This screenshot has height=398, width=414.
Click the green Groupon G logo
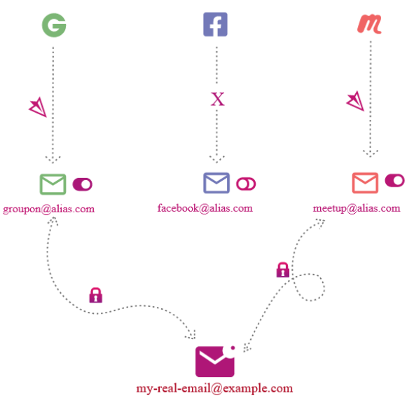pyautogui.click(x=54, y=25)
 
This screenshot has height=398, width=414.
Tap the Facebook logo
pyautogui.click(x=215, y=25)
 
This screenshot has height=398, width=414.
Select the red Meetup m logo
pyautogui.click(x=370, y=24)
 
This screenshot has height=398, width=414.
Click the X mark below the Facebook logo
pyautogui.click(x=218, y=99)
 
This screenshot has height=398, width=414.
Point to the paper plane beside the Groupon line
pyautogui.click(x=39, y=107)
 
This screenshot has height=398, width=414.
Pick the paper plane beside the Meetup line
pyautogui.click(x=356, y=101)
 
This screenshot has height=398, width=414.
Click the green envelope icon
pyautogui.click(x=53, y=184)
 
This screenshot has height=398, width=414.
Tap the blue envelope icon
pyautogui.click(x=216, y=183)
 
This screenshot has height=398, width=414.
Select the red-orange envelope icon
pyautogui.click(x=365, y=183)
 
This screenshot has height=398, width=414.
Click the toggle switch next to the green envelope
pyautogui.click(x=83, y=184)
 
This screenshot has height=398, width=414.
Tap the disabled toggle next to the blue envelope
pyautogui.click(x=246, y=184)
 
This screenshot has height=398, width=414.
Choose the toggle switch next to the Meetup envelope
pyautogui.click(x=394, y=180)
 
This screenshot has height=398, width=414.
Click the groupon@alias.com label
pyautogui.click(x=49, y=210)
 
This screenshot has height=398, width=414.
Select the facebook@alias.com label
pyautogui.click(x=205, y=208)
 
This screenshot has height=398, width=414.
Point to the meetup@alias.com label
pyautogui.click(x=357, y=208)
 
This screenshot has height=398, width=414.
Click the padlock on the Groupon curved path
pyautogui.click(x=96, y=295)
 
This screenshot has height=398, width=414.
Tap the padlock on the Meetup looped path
pyautogui.click(x=283, y=270)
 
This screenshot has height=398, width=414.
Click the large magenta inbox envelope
pyautogui.click(x=215, y=362)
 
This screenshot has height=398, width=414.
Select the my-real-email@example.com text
pyautogui.click(x=214, y=389)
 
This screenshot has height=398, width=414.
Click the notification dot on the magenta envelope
pyautogui.click(x=233, y=348)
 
